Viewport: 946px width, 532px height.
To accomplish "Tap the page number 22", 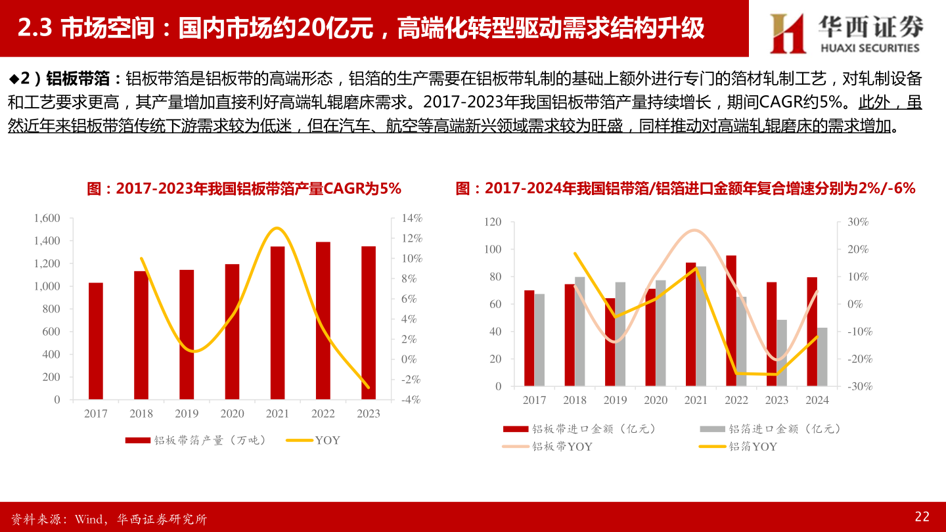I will click(x=922, y=517).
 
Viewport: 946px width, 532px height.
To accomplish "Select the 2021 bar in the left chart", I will click(x=277, y=322).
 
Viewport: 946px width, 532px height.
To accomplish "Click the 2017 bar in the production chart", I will click(x=96, y=341).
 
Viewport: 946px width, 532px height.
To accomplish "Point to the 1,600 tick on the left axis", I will click(x=47, y=218).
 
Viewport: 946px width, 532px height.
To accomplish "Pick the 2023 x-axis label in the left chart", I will click(x=368, y=414).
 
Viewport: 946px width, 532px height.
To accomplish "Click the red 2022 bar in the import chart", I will click(x=731, y=321).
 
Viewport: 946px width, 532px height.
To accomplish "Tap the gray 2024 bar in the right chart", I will click(x=822, y=357).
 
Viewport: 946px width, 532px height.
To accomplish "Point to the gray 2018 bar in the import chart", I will click(x=580, y=331).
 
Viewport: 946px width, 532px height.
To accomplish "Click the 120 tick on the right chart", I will click(x=493, y=222).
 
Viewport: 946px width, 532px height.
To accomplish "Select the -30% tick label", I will click(x=858, y=386).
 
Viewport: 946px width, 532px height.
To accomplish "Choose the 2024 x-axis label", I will click(x=817, y=400).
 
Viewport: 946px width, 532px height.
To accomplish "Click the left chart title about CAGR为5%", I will click(x=244, y=188).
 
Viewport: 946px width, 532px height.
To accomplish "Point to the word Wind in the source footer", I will click(x=87, y=520).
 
